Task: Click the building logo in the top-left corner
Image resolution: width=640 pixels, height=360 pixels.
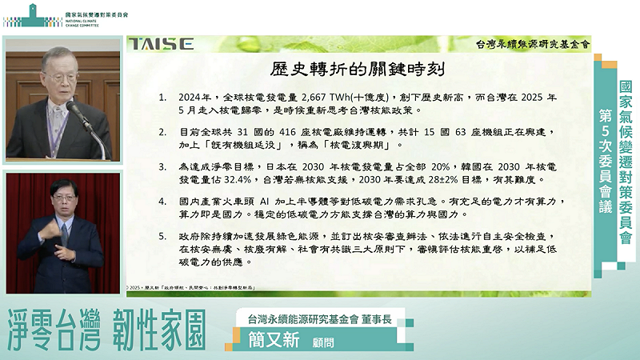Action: click(19, 14)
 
